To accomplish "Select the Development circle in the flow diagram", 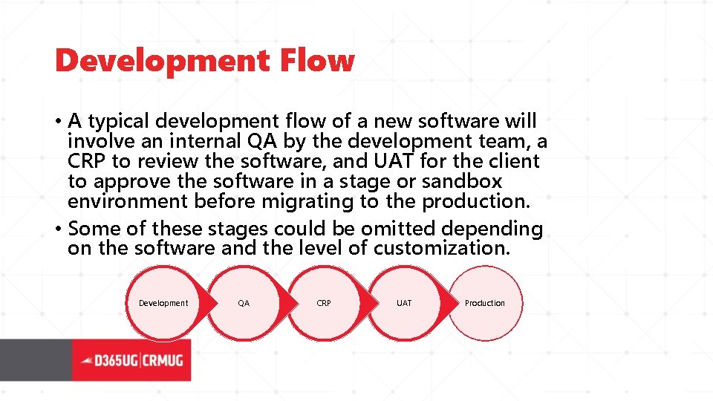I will [163, 303].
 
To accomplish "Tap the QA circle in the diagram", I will [244, 303].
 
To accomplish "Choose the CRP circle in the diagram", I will [324, 303].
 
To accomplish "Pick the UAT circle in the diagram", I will [404, 303].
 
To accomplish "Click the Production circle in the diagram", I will [485, 303].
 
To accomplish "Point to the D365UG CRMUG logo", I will [131, 360].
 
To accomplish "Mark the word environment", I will [128, 201].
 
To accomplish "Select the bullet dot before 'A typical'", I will [59, 121].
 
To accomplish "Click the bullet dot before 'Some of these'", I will [59, 229].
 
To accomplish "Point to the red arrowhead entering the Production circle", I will [448, 303].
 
